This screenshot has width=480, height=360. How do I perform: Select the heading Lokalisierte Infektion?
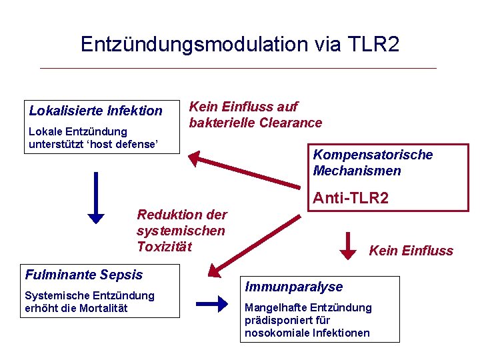pyautogui.click(x=95, y=111)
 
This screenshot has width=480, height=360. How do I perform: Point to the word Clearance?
pyautogui.click(x=291, y=123)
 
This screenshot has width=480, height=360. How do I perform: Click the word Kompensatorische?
pyautogui.click(x=373, y=155)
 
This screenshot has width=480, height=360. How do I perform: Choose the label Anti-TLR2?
pyautogui.click(x=351, y=198)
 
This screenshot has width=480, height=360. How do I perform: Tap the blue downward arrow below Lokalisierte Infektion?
pyautogui.click(x=97, y=197)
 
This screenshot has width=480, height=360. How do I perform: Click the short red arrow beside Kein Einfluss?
pyautogui.click(x=348, y=244)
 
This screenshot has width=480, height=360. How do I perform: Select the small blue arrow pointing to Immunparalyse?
pyautogui.click(x=213, y=305)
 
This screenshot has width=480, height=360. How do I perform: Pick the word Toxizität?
pyautogui.click(x=164, y=247)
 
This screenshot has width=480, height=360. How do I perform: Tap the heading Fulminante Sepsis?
pyautogui.click(x=83, y=274)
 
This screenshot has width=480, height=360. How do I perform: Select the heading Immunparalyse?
pyautogui.click(x=293, y=287)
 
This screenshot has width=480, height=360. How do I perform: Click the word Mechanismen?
pyautogui.click(x=357, y=171)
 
